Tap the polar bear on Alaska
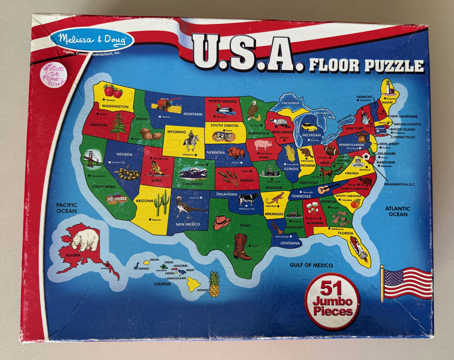point(85,239)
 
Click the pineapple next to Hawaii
point(214,284)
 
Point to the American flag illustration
point(407,283)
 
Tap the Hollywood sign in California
point(117,198)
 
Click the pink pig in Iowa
point(264,145)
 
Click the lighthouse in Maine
point(387,87)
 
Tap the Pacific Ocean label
point(67,208)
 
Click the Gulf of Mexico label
point(311,265)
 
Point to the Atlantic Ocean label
point(397,211)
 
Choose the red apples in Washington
point(113,91)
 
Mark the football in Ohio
point(331,150)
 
